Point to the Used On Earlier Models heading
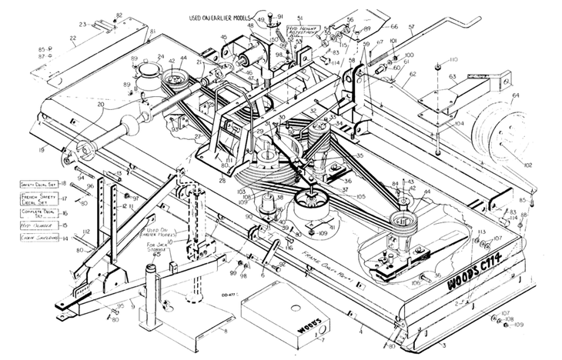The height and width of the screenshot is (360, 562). tap(219, 16)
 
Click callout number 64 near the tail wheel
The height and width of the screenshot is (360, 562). tap(514, 96)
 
